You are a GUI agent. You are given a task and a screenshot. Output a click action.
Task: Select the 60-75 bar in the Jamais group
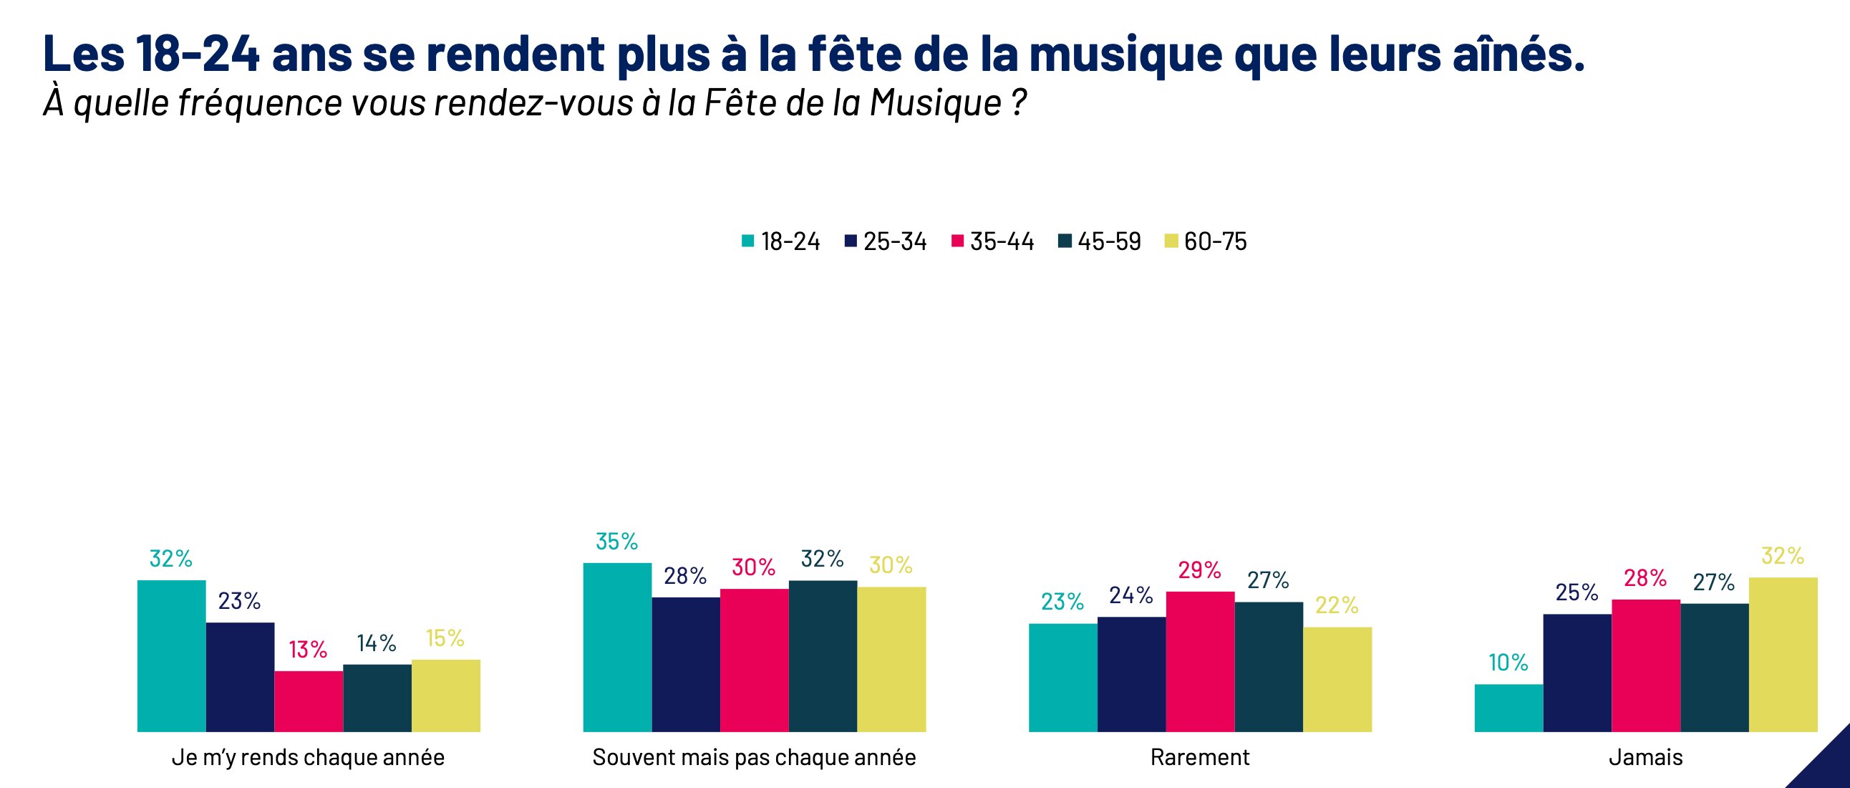(1783, 654)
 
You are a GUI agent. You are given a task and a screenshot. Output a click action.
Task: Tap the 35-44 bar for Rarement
(1200, 662)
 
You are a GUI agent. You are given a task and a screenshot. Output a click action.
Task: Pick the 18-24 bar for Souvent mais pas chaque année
(617, 647)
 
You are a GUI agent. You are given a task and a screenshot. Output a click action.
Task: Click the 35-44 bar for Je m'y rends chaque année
(308, 701)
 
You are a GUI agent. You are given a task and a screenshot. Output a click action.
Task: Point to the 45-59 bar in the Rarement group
(1268, 667)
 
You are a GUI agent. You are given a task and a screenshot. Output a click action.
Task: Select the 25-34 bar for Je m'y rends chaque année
(240, 677)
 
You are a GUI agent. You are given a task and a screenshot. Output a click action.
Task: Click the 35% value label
(617, 542)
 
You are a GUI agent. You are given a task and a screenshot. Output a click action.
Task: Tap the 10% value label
(1508, 663)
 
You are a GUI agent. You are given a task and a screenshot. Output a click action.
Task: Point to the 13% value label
(308, 649)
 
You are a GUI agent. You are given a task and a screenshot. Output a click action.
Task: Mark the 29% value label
(1199, 570)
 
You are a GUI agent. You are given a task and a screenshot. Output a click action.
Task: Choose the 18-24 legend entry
(780, 241)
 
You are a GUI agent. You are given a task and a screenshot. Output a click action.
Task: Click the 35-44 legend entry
(992, 241)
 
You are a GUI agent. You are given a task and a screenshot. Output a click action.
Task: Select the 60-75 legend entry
(1206, 241)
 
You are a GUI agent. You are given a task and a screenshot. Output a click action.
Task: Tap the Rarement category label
(1199, 757)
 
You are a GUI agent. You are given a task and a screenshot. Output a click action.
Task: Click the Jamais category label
(1645, 757)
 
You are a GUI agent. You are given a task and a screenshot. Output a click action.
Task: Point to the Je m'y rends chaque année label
(308, 757)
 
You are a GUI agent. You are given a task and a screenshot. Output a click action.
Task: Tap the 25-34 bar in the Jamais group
(1577, 673)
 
